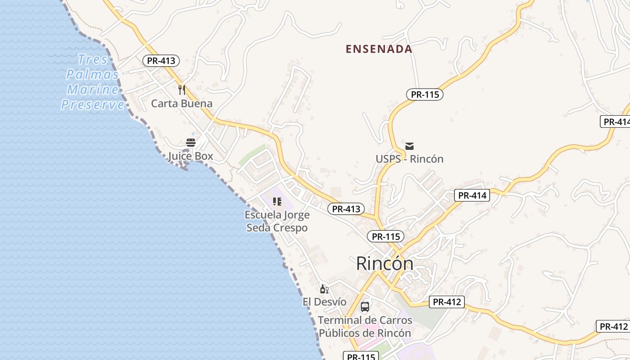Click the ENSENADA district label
[379, 49]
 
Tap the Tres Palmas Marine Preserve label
[93, 82]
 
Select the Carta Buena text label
[181, 103]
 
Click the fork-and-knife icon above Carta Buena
[182, 90]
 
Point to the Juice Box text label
[190, 157]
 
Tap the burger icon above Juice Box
[191, 143]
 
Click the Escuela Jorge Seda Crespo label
[277, 221]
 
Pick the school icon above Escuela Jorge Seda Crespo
[277, 202]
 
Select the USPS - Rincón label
[409, 159]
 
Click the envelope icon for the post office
[409, 146]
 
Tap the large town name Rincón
[385, 263]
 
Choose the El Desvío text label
[324, 301]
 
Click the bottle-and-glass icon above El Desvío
[324, 288]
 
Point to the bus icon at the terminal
[365, 307]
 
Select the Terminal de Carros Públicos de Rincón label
[365, 327]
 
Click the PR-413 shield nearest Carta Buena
[161, 61]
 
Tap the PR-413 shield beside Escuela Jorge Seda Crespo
[346, 209]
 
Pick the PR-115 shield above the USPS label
[425, 94]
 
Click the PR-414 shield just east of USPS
[472, 195]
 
